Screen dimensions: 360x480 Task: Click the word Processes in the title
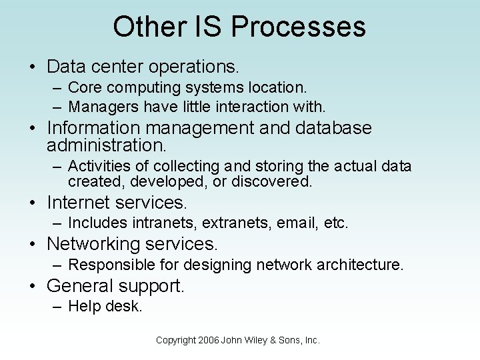(298, 27)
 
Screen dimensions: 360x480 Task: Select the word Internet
(78, 202)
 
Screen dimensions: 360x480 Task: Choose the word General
(80, 286)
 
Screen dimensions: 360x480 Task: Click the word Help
(83, 307)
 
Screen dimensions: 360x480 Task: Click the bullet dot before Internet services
(33, 203)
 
